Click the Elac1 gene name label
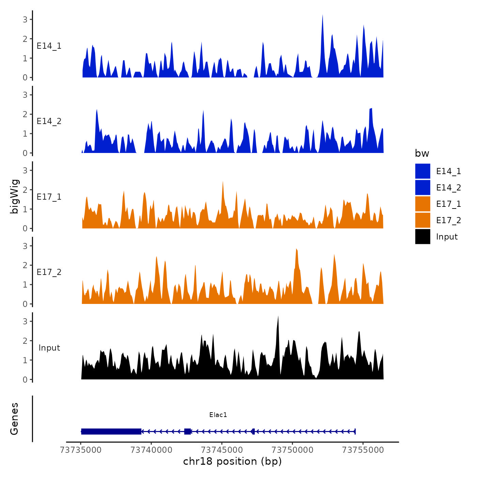click(x=218, y=415)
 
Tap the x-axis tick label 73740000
click(x=151, y=450)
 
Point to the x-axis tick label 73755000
click(x=363, y=450)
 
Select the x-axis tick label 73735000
click(x=81, y=450)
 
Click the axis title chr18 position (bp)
click(x=232, y=461)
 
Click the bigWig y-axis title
click(x=15, y=197)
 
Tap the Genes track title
click(x=15, y=419)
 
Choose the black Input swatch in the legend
click(x=422, y=236)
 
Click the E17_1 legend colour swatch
click(x=422, y=204)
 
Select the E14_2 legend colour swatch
click(x=422, y=187)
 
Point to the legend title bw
click(x=422, y=153)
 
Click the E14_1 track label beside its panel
click(x=49, y=46)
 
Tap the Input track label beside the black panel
click(x=49, y=348)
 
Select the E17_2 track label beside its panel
click(x=49, y=272)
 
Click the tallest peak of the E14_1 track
click(x=322, y=16)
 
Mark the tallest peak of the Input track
click(x=278, y=317)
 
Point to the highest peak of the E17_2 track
click(x=296, y=250)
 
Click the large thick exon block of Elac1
click(x=111, y=431)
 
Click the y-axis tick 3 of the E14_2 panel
click(x=25, y=95)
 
